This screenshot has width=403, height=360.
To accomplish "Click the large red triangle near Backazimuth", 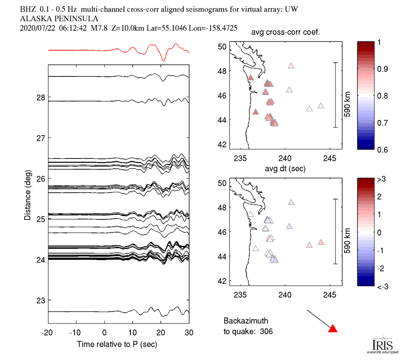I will [333, 329].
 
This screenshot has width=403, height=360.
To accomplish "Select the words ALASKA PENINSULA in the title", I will [59, 18].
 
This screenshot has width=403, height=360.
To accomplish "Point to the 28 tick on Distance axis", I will [41, 97].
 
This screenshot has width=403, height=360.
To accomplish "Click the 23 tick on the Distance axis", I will [41, 300].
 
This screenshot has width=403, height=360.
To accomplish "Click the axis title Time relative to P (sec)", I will [117, 344].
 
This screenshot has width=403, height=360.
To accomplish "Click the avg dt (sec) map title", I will [285, 169].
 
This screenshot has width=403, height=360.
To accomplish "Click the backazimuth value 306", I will [266, 331].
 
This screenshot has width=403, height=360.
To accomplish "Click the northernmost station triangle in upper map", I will [291, 66].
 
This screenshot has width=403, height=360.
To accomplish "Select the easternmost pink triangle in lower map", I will [320, 242].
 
